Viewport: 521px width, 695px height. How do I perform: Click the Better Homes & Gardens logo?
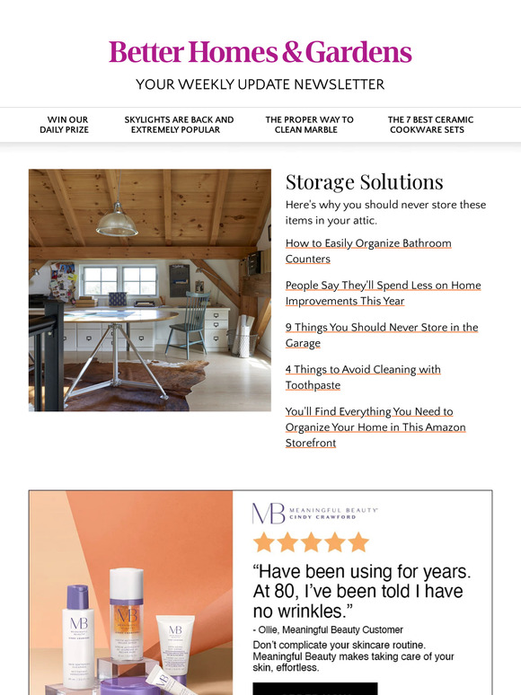(260, 52)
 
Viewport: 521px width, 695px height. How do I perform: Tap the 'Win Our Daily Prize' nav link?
(65, 125)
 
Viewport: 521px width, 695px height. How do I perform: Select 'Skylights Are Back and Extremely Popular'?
(179, 125)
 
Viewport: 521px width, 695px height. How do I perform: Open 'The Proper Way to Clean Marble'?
(309, 125)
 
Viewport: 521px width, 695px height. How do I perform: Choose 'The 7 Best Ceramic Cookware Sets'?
(430, 125)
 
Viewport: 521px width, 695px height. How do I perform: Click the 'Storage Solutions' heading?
(364, 182)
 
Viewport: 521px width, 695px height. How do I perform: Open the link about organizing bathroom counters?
(368, 251)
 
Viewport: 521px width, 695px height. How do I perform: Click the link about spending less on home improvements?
(383, 294)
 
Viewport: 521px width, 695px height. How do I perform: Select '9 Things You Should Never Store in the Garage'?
(381, 335)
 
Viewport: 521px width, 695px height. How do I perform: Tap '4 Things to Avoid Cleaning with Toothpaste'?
(363, 377)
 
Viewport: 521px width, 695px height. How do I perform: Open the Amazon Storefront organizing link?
(375, 427)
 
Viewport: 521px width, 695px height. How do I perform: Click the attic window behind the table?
(119, 280)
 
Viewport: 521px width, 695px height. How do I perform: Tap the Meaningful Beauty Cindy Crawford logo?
(315, 514)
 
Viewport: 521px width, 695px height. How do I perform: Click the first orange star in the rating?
(263, 542)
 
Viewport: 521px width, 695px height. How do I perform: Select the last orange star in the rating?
(358, 542)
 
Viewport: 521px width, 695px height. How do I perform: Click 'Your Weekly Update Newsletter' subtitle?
(260, 84)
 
